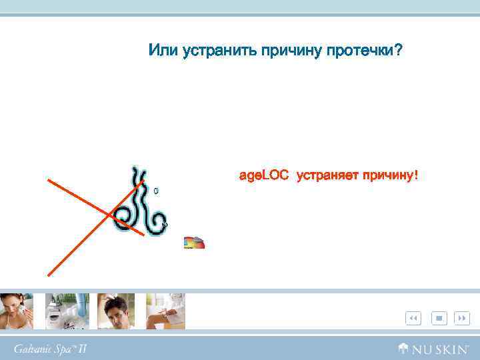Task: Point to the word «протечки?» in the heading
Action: (363, 51)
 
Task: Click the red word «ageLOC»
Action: (263, 176)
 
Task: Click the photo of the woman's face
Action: (16, 311)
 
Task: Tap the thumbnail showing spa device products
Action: (67, 311)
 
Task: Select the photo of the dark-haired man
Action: (116, 311)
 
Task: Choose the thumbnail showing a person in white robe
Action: (165, 311)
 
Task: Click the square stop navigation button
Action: (439, 319)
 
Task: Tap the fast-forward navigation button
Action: (462, 319)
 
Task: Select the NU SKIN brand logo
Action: (435, 348)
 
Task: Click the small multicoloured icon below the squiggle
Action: (194, 243)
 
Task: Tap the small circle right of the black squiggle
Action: (156, 191)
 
